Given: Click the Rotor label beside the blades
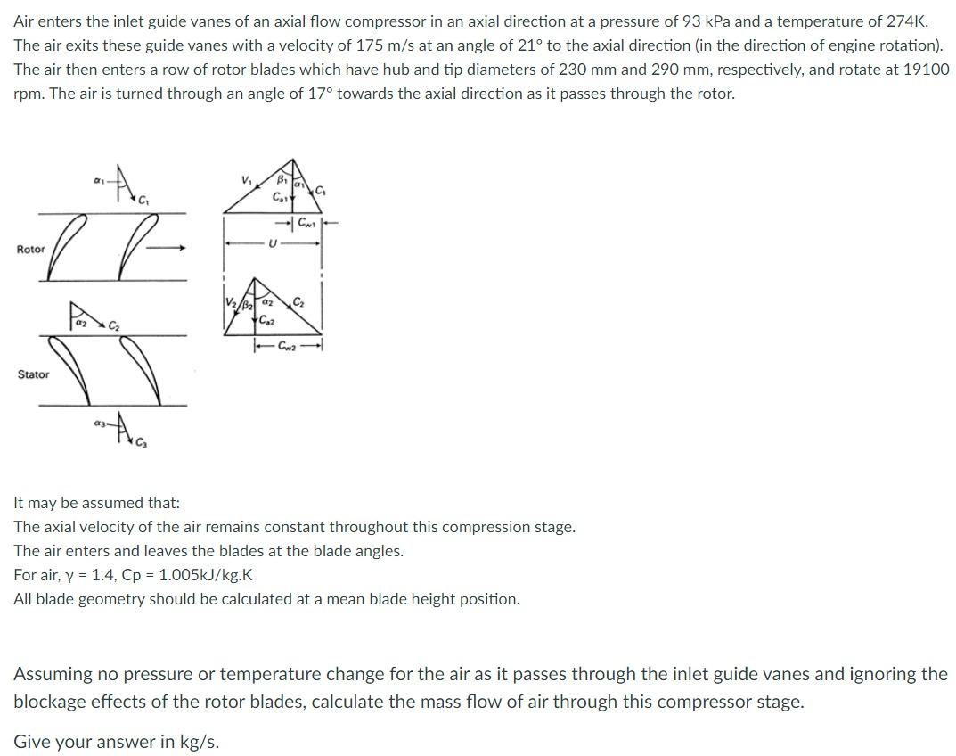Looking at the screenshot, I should [30, 250].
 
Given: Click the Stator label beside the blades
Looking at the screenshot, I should [33, 374].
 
